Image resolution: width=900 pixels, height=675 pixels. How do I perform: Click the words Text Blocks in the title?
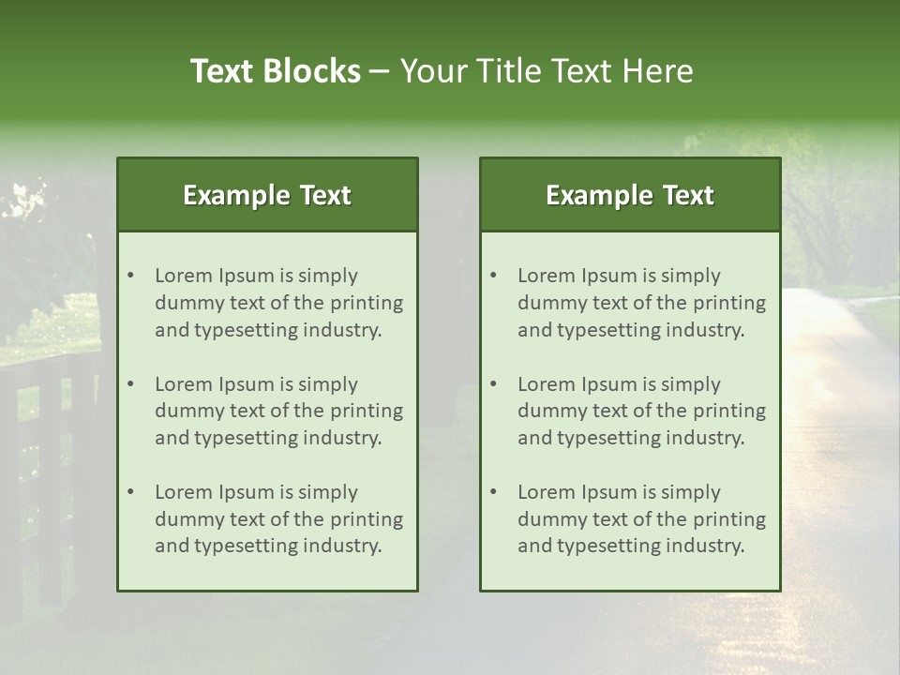275,71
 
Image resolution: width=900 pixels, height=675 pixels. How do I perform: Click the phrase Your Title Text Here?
547,71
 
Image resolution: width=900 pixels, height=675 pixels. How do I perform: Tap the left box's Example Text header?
267,195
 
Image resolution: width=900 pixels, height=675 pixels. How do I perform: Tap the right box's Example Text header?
630,195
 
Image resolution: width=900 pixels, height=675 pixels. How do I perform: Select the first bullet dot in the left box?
130,276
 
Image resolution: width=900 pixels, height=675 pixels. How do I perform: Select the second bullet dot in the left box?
130,384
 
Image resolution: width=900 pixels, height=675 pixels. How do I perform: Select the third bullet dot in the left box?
130,492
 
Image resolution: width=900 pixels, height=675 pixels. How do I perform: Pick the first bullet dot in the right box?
493,276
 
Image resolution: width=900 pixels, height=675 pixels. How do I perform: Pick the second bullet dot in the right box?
493,384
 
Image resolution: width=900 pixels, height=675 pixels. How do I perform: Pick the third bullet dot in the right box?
493,492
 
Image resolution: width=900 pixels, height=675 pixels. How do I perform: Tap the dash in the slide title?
380,71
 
